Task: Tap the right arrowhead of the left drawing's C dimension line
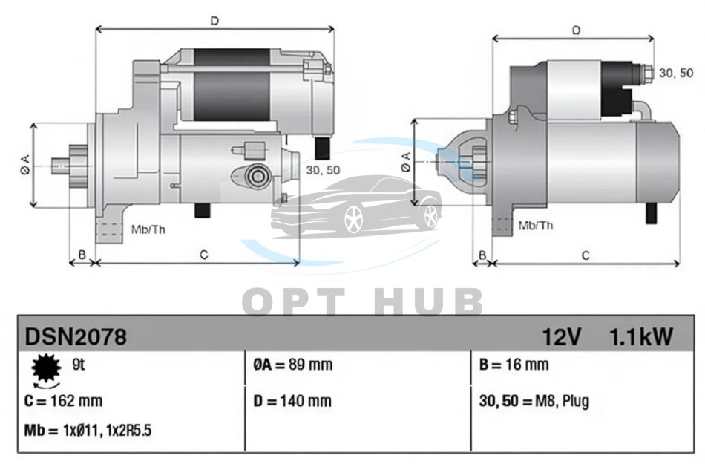(296, 262)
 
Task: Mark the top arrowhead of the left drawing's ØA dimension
(33, 125)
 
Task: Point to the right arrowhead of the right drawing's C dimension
(677, 263)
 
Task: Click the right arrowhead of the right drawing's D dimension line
(651, 39)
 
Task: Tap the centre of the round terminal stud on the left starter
(258, 175)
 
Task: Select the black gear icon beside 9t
(46, 368)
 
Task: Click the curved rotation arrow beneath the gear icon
(46, 385)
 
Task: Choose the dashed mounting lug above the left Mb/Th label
(110, 231)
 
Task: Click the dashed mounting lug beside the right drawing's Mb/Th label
(503, 226)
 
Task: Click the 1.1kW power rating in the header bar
(640, 336)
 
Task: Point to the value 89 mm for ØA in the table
(311, 365)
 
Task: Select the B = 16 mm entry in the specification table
(514, 365)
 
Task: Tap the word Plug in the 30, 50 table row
(576, 401)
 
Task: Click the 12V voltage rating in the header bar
(562, 336)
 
